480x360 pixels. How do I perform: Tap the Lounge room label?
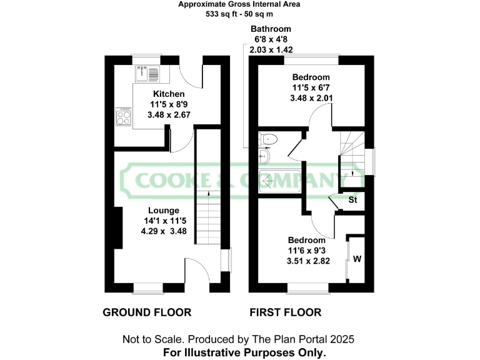[164, 211]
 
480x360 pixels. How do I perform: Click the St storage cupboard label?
[352, 201]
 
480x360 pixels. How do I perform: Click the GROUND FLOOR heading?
[147, 312]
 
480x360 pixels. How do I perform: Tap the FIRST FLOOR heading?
[286, 312]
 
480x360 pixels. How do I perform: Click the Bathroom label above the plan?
[271, 29]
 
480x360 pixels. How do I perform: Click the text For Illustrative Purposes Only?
[244, 352]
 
